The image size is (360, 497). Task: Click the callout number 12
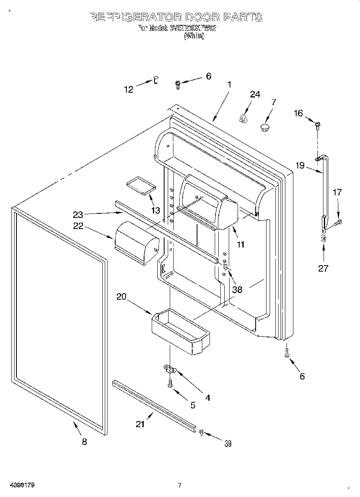click(x=128, y=90)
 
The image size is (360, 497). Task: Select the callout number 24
click(x=255, y=94)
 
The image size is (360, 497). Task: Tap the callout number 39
click(x=228, y=443)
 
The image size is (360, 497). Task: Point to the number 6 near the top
click(x=208, y=76)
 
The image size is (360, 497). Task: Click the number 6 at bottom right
click(x=302, y=376)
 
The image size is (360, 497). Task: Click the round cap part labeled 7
click(x=264, y=128)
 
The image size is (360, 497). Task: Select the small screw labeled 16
click(x=318, y=125)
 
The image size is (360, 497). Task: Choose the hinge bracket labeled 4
click(x=170, y=368)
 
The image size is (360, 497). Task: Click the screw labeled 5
click(x=170, y=383)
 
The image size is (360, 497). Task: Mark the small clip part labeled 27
click(x=323, y=239)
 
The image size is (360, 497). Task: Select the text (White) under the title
click(x=194, y=36)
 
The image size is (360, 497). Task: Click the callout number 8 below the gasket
click(x=84, y=442)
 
